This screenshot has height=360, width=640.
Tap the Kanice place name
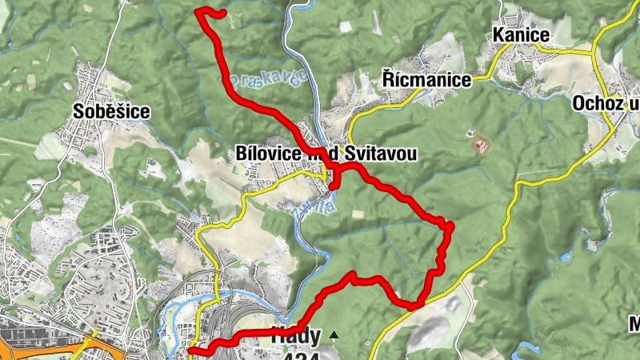(521, 35)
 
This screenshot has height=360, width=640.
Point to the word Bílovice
(269, 153)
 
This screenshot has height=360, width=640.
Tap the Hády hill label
(296, 336)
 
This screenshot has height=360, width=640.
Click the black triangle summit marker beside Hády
(334, 335)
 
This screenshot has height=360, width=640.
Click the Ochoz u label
(606, 103)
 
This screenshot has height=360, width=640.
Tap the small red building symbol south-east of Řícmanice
(482, 145)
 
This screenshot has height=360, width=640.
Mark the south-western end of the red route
(190, 350)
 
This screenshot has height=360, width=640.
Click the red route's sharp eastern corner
(450, 226)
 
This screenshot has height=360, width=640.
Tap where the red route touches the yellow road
(414, 305)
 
